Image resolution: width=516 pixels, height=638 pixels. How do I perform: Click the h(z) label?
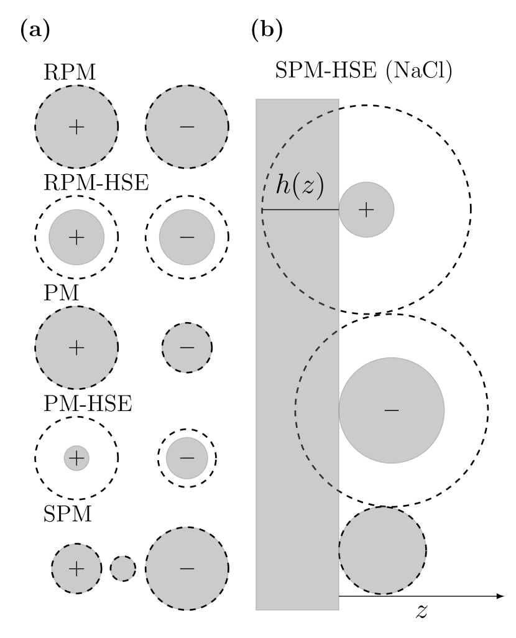tap(300, 186)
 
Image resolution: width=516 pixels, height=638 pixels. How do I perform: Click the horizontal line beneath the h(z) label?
tap(300, 210)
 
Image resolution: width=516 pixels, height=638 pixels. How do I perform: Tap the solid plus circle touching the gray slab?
tap(366, 210)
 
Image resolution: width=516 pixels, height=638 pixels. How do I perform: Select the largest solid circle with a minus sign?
tap(392, 410)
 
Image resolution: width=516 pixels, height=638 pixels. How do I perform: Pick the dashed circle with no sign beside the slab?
tap(382, 550)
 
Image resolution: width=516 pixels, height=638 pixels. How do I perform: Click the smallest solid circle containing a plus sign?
tap(76, 458)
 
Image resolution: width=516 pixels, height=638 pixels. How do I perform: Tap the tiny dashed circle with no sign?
tap(122, 568)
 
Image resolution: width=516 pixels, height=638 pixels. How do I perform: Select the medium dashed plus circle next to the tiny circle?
tap(76, 568)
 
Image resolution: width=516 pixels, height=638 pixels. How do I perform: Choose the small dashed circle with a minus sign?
tap(187, 348)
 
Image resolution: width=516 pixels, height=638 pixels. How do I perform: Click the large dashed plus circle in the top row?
tap(76, 127)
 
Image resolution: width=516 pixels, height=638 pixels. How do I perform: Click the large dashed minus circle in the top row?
tap(187, 127)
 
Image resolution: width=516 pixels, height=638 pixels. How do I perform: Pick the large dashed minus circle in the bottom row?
tap(187, 568)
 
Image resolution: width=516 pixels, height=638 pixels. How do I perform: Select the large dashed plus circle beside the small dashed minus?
tap(76, 348)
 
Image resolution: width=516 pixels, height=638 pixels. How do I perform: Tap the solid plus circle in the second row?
tap(76, 237)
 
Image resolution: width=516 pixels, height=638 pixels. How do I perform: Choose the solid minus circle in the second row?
tap(187, 237)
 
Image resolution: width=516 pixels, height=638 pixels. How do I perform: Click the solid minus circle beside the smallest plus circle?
tap(187, 458)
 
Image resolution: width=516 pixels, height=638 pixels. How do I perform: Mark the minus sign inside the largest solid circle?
tap(392, 410)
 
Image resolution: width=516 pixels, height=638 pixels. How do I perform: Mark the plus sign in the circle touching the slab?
tap(366, 210)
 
